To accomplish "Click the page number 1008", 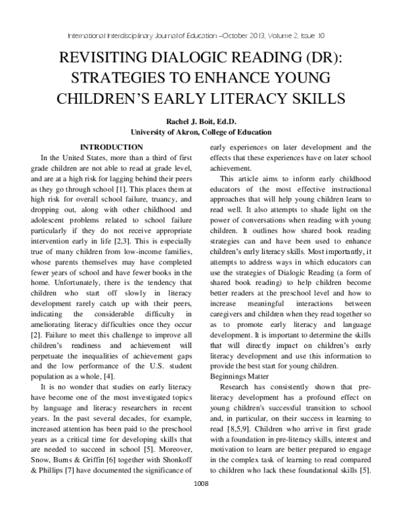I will [201, 501].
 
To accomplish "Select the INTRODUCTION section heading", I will [111, 147].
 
